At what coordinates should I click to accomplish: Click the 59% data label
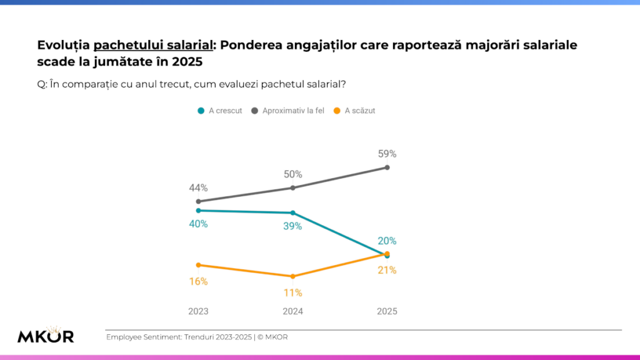click(387, 154)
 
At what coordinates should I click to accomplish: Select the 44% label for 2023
click(199, 187)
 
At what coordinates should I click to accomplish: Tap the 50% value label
click(292, 174)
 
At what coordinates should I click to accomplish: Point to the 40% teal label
click(198, 224)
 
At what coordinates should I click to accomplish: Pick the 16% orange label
click(198, 281)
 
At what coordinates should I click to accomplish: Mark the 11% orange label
click(292, 292)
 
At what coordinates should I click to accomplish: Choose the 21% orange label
click(387, 270)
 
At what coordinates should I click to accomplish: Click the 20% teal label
click(387, 241)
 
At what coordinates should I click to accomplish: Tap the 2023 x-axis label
click(198, 311)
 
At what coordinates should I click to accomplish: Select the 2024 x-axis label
click(292, 311)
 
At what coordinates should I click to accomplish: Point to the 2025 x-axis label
click(387, 311)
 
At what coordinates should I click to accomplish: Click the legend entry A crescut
click(220, 111)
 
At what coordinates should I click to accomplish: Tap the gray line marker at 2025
click(387, 167)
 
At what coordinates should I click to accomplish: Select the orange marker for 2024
click(292, 276)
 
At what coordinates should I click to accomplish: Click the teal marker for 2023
click(198, 211)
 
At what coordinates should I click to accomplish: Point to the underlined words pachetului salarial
click(152, 45)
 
